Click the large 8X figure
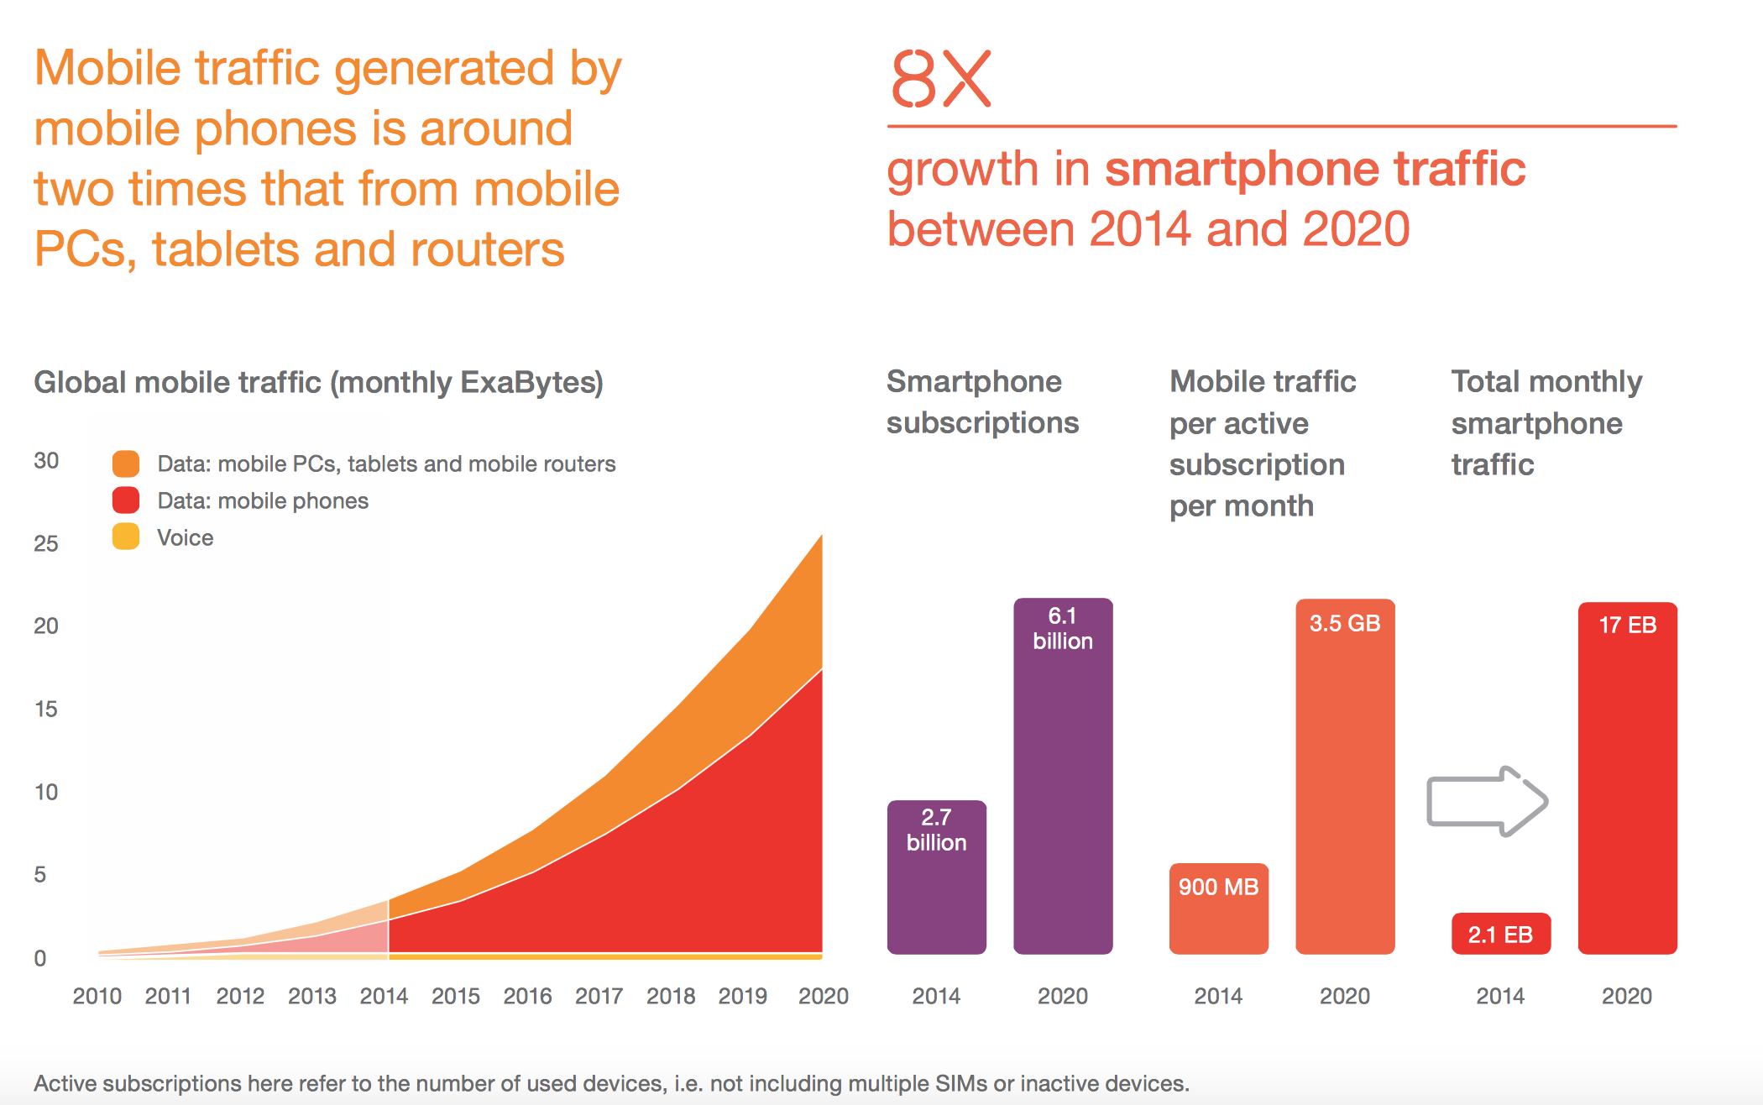(x=940, y=79)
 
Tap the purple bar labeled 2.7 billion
(x=936, y=877)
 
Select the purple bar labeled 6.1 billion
(x=1062, y=776)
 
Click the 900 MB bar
(x=1218, y=909)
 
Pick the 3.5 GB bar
(x=1344, y=776)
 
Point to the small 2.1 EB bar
(x=1500, y=934)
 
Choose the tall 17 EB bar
(x=1627, y=778)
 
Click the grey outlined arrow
(x=1487, y=801)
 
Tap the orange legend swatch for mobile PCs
(x=126, y=463)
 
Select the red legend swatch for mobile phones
(x=126, y=500)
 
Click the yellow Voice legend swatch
(x=126, y=537)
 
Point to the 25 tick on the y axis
(x=46, y=543)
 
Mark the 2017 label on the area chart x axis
(x=599, y=997)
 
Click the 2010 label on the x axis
(x=97, y=997)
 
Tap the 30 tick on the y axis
(x=46, y=460)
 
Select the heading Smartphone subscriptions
(x=982, y=402)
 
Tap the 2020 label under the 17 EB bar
(x=1626, y=997)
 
